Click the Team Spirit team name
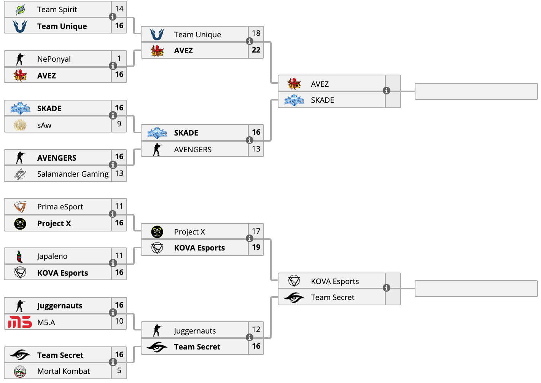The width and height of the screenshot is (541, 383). [57, 10]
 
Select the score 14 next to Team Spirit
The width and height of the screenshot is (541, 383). [119, 9]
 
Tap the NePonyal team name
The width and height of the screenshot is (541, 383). [54, 59]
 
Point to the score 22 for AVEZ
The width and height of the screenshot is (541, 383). [256, 50]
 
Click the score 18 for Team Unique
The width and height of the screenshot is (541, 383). [256, 33]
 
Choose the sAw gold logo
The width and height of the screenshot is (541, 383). [20, 125]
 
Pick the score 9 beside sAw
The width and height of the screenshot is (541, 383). [119, 124]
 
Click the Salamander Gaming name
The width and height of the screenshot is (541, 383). [73, 174]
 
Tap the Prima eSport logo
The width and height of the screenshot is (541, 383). [20, 207]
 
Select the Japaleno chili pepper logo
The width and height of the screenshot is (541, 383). [19, 256]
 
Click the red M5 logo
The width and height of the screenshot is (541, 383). [20, 322]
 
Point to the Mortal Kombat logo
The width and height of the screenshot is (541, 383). [20, 372]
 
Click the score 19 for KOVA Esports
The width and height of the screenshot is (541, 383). [256, 247]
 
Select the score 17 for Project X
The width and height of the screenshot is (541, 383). [256, 231]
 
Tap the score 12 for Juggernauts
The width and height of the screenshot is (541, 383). [256, 329]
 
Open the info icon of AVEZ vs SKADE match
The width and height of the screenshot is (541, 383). [387, 91]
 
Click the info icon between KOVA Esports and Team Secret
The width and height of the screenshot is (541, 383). [387, 288]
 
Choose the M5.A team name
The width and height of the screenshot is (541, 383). [46, 322]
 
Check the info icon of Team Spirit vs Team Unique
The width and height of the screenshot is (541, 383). [113, 17]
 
